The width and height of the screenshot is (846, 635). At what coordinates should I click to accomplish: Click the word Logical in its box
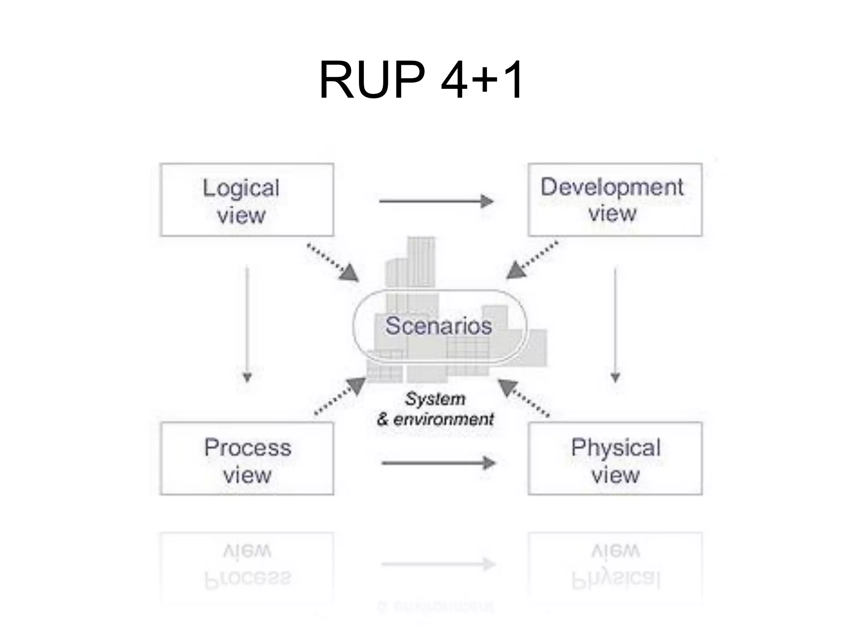click(241, 188)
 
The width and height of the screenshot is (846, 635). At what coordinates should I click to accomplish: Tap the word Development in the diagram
click(612, 187)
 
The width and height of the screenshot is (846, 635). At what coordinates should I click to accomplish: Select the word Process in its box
click(248, 448)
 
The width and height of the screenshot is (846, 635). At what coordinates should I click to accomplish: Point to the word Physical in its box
click(616, 448)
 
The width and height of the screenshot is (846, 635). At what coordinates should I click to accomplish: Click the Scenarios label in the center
click(439, 326)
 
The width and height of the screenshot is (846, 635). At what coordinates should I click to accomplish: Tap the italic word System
click(435, 399)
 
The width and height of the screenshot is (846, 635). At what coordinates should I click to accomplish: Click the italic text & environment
click(435, 420)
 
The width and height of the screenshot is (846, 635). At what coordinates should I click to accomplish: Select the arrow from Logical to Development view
click(436, 201)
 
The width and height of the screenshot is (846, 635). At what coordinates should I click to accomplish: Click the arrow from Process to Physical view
click(438, 463)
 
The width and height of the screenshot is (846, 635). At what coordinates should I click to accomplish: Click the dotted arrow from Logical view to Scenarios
click(333, 263)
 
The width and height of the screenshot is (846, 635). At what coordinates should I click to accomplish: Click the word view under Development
click(613, 214)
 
